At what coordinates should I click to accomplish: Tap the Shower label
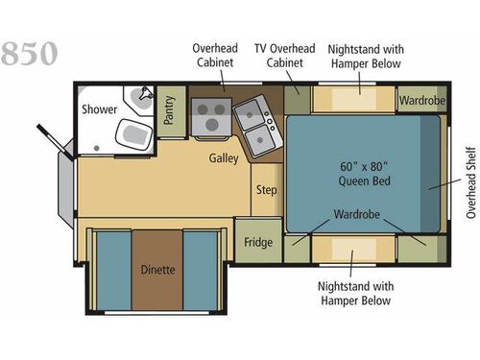click(x=99, y=109)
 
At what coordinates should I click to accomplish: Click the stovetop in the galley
click(x=208, y=117)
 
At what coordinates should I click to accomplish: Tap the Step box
click(x=266, y=190)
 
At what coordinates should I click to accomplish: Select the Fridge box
click(x=255, y=241)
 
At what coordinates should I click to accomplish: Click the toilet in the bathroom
click(x=131, y=132)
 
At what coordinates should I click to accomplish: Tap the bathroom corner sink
click(x=145, y=96)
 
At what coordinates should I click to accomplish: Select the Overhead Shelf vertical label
click(x=470, y=181)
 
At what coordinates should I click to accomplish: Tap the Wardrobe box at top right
click(x=420, y=100)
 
